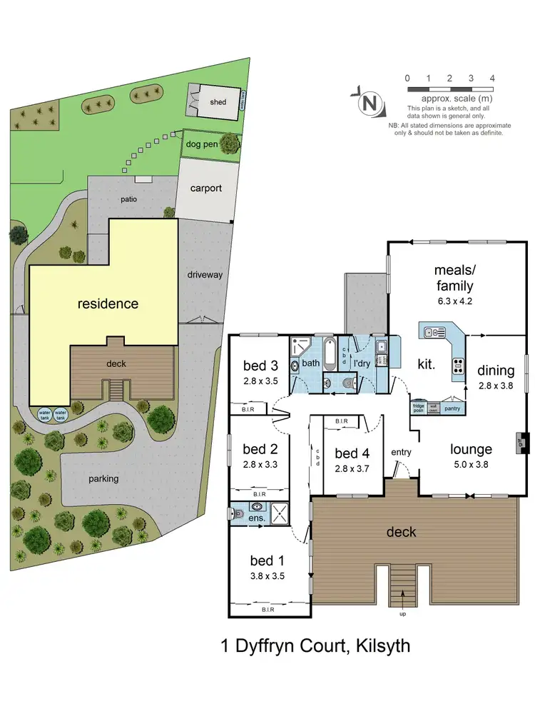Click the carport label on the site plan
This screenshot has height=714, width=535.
coord(205,188)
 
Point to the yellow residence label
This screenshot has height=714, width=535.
coord(108,303)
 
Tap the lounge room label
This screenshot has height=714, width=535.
coord(471,449)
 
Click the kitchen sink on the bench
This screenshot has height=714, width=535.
coord(434,332)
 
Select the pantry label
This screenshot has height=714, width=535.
coord(451,409)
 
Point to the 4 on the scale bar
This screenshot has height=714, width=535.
coord(492,78)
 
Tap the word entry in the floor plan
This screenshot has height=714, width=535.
coord(402,453)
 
